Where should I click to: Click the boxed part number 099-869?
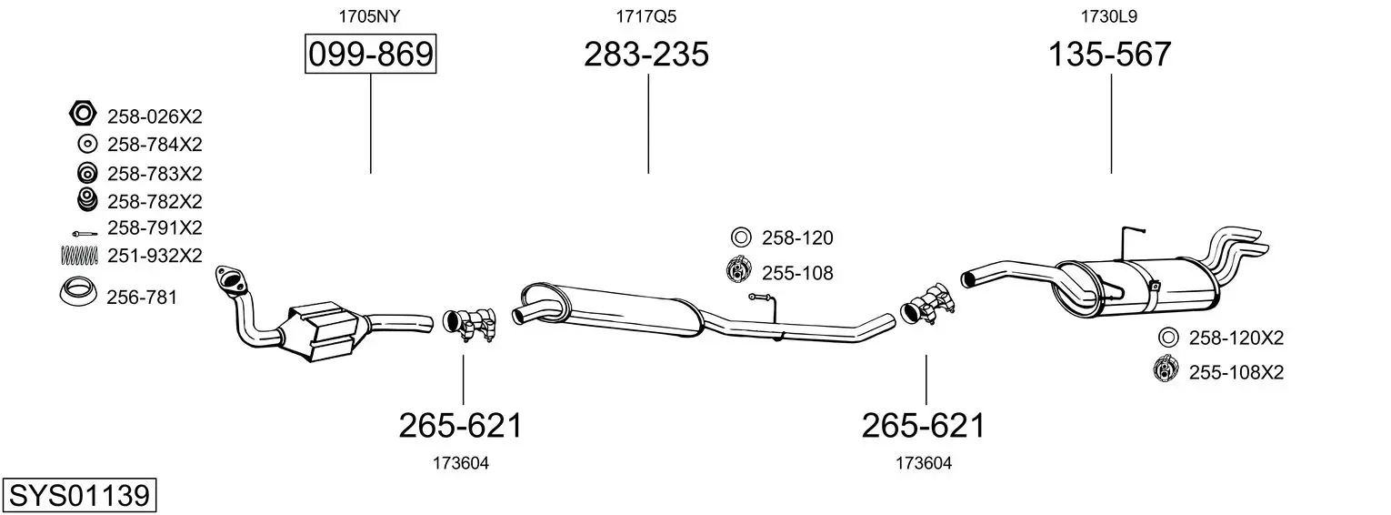tap(370, 54)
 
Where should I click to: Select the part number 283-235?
tap(645, 54)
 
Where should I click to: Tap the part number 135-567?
tap(1110, 54)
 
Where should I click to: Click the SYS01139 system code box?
tap(79, 495)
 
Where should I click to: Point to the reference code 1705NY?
tap(369, 16)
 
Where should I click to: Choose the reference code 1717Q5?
tap(645, 16)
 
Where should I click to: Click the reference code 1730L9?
tap(1109, 16)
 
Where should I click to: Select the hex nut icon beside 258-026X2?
tap(83, 114)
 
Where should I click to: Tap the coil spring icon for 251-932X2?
tap(79, 256)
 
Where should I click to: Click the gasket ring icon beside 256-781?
tap(78, 291)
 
